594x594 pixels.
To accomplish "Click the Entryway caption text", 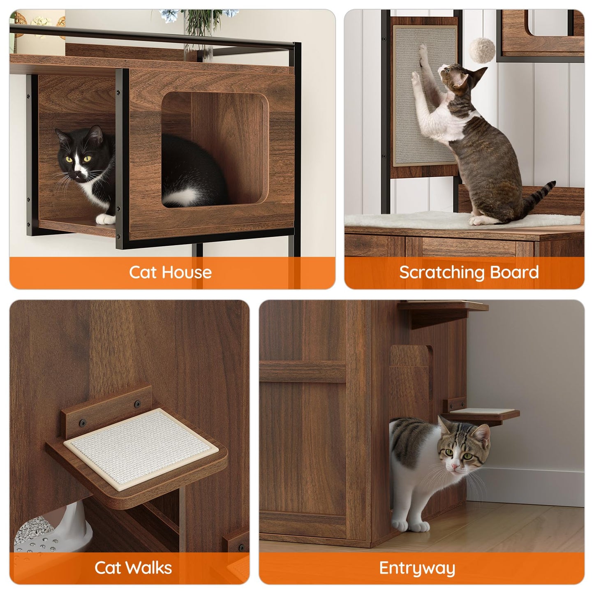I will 417,569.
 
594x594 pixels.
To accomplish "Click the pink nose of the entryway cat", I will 455,467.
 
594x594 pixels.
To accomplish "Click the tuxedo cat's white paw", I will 105,220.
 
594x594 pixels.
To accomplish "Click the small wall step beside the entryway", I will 481,412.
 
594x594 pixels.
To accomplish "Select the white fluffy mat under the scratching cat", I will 419,220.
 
